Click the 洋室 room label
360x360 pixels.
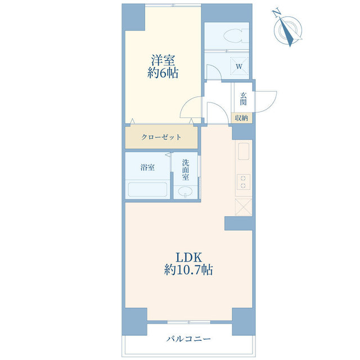[163, 60]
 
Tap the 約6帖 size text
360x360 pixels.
[163, 73]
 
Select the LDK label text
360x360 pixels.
[189, 258]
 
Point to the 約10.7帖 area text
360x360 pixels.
[188, 270]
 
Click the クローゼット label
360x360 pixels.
[161, 137]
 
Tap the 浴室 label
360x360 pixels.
[147, 168]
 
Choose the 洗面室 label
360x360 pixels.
[186, 170]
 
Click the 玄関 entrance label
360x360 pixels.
[243, 99]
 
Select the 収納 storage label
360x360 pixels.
[241, 118]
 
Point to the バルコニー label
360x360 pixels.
[188, 339]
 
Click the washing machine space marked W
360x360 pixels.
[239, 66]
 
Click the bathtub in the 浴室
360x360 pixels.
[147, 190]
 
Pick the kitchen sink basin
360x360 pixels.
[244, 151]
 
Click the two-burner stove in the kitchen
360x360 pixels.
[243, 182]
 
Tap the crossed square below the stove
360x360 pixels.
[244, 207]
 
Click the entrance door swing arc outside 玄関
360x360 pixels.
[271, 106]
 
